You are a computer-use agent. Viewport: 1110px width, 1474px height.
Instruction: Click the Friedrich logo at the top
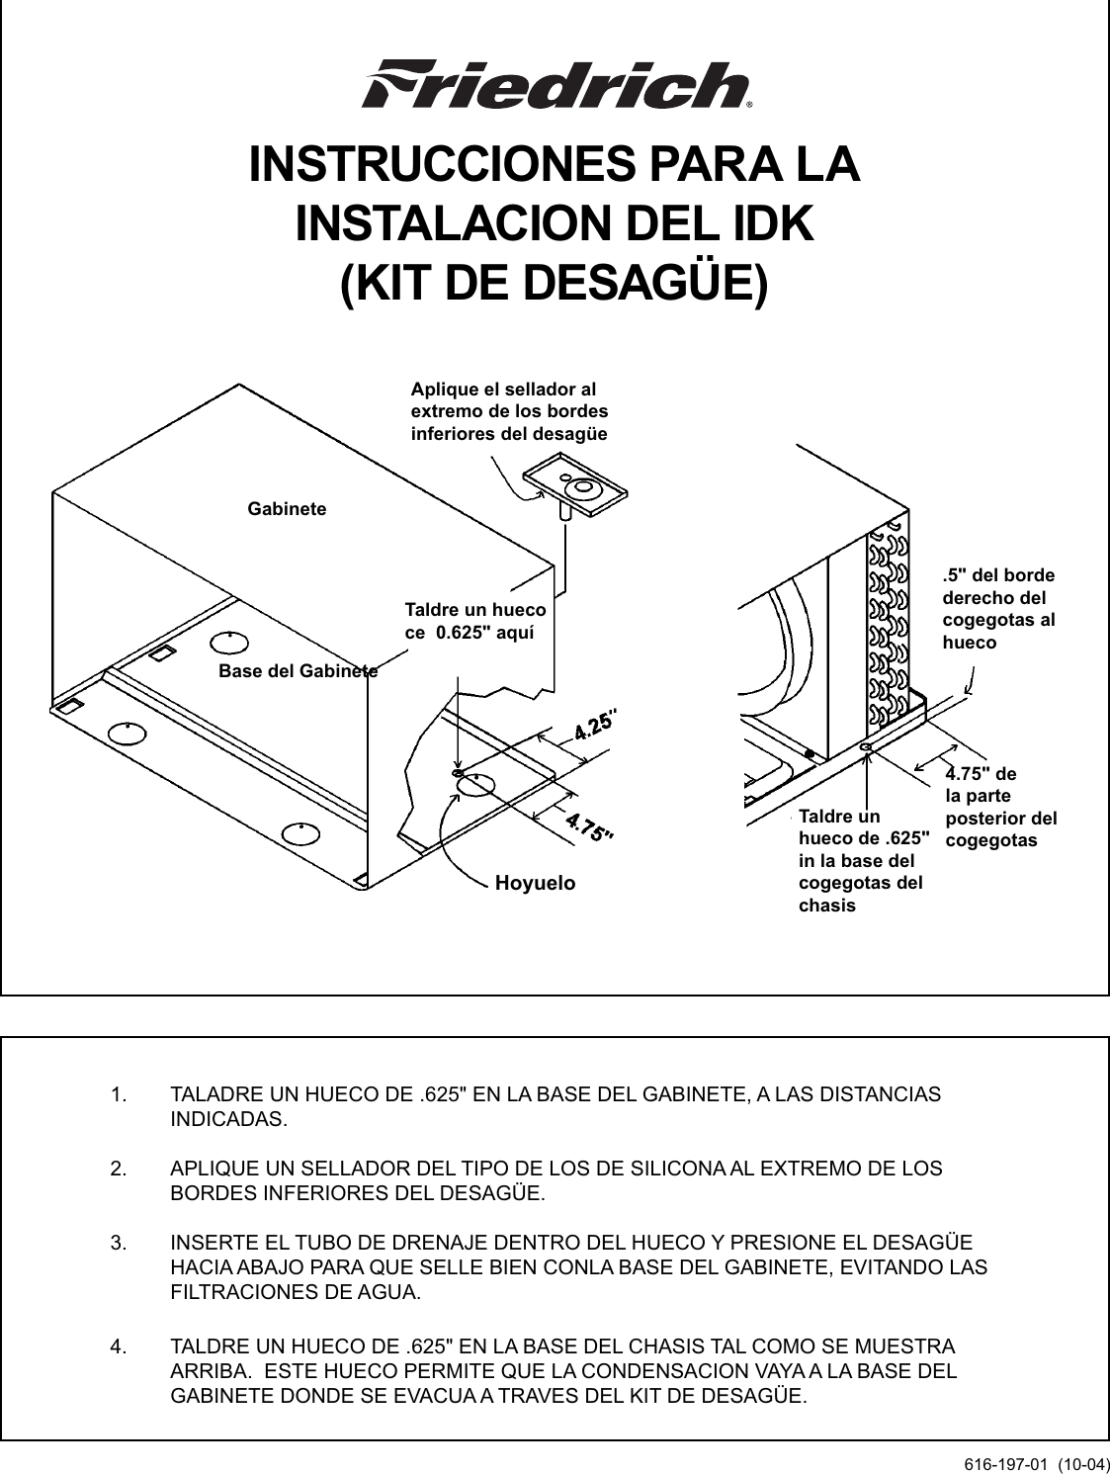pos(556,85)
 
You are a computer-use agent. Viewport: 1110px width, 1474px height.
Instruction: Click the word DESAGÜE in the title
pos(641,283)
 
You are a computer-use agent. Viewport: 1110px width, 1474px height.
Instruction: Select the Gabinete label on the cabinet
pos(286,509)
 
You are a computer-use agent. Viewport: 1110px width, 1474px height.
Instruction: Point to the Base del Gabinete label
pos(297,670)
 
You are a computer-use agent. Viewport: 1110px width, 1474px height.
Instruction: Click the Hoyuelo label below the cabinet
pos(534,883)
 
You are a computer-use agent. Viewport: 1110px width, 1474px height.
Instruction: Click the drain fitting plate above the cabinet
pos(578,490)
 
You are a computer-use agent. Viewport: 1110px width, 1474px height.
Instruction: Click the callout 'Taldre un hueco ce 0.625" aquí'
pos(474,622)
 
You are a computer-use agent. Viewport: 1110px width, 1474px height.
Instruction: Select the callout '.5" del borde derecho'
pos(998,608)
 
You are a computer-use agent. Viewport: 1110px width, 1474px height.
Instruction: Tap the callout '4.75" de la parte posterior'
pos(1000,807)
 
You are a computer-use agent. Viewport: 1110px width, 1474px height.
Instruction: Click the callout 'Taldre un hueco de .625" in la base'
pos(863,861)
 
